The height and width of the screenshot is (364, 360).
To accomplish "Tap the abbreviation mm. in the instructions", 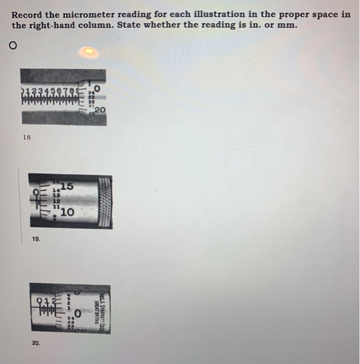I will (x=286, y=25).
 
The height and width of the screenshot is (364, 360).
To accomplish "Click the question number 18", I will (x=27, y=137).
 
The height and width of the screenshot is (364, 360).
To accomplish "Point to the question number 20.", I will (x=35, y=343).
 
